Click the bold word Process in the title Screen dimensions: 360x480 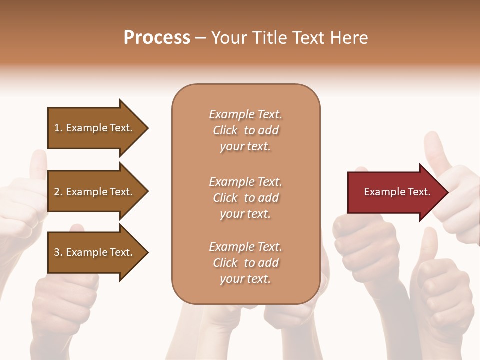pyautogui.click(x=157, y=38)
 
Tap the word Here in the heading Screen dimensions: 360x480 pyautogui.click(x=349, y=38)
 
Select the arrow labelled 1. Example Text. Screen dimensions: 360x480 pyautogui.click(x=95, y=128)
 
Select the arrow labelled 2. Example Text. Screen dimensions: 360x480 pyautogui.click(x=95, y=192)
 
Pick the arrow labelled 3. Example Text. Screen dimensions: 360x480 pyautogui.click(x=95, y=252)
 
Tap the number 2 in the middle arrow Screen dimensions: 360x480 pyautogui.click(x=57, y=192)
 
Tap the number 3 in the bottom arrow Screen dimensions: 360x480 pyautogui.click(x=57, y=252)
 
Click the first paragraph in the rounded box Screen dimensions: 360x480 pyautogui.click(x=245, y=130)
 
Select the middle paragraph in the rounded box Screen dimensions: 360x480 pyautogui.click(x=245, y=198)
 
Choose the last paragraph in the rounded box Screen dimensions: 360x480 pyautogui.click(x=245, y=263)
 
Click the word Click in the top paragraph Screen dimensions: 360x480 pyautogui.click(x=225, y=130)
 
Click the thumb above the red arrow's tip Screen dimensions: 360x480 pyautogui.click(x=435, y=150)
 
